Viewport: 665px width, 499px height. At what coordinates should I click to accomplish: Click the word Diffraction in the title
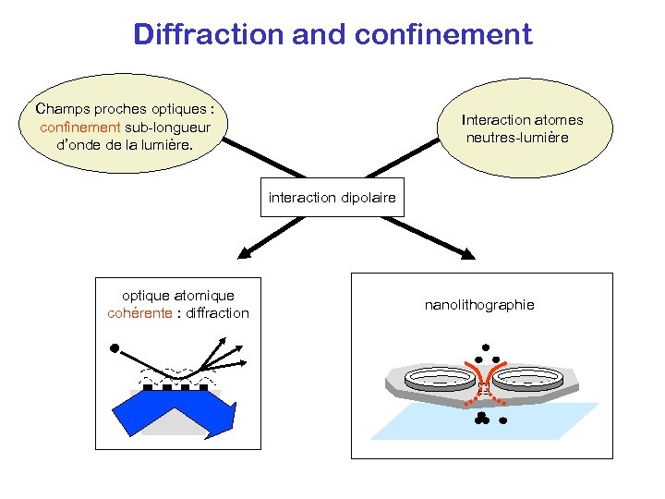coord(210,34)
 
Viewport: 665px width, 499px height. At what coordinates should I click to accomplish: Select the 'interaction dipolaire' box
coord(332,198)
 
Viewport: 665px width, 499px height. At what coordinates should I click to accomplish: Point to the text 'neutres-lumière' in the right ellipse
coord(517,138)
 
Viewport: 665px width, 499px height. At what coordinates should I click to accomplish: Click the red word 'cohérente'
coord(139,313)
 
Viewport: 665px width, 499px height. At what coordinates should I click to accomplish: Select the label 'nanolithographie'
coord(478,305)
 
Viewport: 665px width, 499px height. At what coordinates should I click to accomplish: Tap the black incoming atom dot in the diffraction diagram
coord(115,349)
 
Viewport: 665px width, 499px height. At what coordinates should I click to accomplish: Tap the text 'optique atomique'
coord(178,296)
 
